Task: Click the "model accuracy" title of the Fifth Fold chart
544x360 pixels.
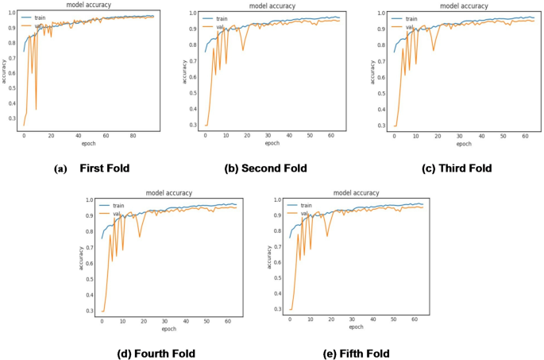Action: (356, 192)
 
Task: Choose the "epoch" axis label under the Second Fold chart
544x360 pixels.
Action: (272, 144)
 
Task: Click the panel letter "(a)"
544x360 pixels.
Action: (60, 168)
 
